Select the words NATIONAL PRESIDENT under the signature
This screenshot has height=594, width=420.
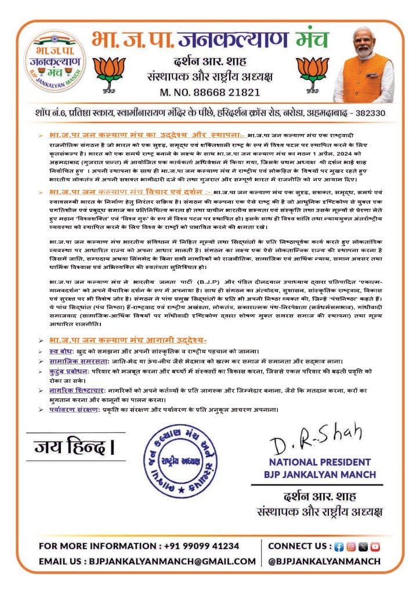tap(317, 462)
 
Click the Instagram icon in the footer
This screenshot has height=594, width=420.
tap(351, 546)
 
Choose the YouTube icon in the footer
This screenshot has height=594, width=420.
tap(375, 546)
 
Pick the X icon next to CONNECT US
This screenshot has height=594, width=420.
tap(363, 546)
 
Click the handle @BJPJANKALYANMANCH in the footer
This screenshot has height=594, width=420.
tap(324, 561)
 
